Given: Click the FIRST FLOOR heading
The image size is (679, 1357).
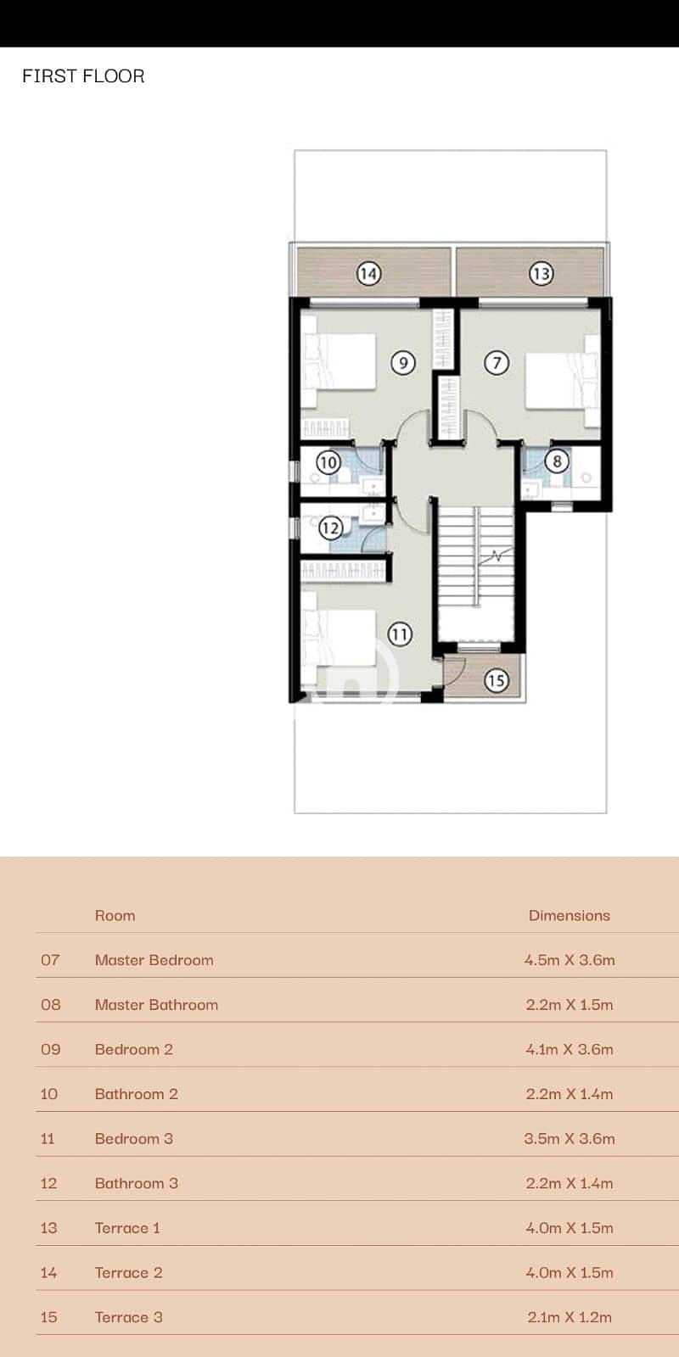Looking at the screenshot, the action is (x=84, y=76).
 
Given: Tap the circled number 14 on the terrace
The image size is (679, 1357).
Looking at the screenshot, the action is (x=368, y=274).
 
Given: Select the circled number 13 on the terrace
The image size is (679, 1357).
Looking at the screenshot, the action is (x=541, y=274).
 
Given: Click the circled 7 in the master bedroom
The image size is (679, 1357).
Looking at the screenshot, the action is (x=497, y=363).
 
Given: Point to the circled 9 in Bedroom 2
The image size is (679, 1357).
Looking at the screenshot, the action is (x=403, y=363).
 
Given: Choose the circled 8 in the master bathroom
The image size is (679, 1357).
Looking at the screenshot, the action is (x=557, y=461).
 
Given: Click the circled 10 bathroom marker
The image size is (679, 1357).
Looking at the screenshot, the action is (x=328, y=463).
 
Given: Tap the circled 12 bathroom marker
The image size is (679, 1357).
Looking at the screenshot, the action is (x=330, y=528).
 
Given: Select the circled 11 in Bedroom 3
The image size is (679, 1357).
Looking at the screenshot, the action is (x=400, y=634).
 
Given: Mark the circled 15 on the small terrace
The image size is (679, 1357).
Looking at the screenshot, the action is (x=496, y=680).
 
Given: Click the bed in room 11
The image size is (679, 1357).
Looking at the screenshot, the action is (x=339, y=638).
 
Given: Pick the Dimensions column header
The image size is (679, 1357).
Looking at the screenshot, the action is (x=570, y=915).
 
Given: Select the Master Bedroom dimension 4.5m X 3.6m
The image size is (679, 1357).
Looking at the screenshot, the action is (x=570, y=960).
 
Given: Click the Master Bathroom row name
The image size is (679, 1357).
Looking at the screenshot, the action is (x=156, y=1005).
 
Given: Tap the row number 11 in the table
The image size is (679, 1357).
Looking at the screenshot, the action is (x=48, y=1139).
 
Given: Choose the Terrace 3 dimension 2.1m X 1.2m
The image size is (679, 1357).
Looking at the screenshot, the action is (x=570, y=1318).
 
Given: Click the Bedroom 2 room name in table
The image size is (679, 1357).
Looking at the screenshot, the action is (x=134, y=1050).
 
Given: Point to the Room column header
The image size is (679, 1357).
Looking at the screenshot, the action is (x=115, y=915).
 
